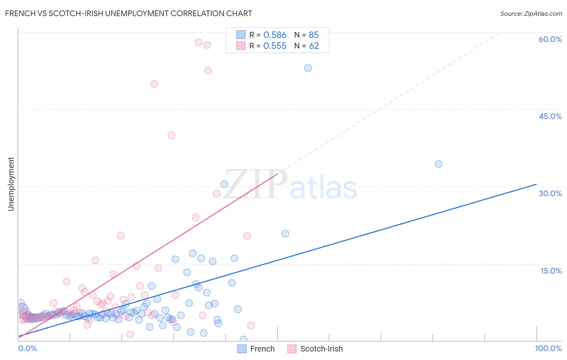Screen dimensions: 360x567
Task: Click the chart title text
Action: click(129, 13)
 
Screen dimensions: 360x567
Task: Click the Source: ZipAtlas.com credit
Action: click(531, 13)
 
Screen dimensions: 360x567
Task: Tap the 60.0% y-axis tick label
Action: click(550, 39)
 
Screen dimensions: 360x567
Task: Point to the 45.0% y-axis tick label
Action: click(550, 116)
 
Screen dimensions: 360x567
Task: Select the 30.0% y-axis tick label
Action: click(550, 193)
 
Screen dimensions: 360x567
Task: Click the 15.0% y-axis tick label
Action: click(551, 271)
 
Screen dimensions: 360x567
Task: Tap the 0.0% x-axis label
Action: click(28, 348)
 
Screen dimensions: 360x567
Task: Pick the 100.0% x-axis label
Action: click(548, 348)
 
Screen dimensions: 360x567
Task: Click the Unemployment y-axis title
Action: click(11, 184)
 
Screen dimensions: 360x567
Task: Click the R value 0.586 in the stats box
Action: click(275, 35)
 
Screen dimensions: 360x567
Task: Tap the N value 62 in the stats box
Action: click(314, 46)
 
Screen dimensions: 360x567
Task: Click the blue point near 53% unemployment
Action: click(308, 68)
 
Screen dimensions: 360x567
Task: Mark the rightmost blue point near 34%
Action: click(438, 164)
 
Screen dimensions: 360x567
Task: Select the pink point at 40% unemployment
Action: click(171, 135)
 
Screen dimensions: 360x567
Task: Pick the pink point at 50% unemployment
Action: click(154, 84)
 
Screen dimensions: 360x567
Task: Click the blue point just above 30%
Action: click(224, 184)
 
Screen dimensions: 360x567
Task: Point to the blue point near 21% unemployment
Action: click(285, 234)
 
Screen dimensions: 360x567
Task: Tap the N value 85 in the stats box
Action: click(314, 35)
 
